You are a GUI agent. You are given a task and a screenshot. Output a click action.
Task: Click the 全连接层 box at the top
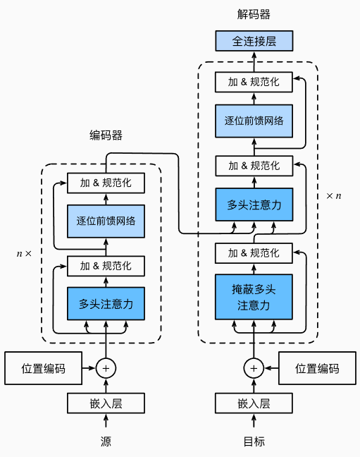pyautogui.click(x=254, y=41)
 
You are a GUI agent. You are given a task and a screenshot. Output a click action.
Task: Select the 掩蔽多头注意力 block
pyautogui.click(x=254, y=298)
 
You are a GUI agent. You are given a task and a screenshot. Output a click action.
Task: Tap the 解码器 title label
pyautogui.click(x=254, y=14)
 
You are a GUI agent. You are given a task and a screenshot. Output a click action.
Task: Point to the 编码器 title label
pyautogui.click(x=106, y=135)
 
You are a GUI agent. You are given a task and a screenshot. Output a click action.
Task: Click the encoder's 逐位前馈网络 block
pyautogui.click(x=106, y=221)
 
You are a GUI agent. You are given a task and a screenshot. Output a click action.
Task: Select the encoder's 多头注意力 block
pyautogui.click(x=106, y=304)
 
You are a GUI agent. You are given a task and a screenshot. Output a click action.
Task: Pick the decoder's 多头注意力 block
pyautogui.click(x=254, y=205)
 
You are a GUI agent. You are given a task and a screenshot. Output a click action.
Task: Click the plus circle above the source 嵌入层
pyautogui.click(x=106, y=367)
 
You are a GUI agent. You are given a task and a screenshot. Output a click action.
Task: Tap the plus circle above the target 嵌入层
pyautogui.click(x=254, y=367)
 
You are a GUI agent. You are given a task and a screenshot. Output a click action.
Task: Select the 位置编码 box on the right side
pyautogui.click(x=317, y=368)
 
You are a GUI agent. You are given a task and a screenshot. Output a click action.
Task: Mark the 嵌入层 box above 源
pyautogui.click(x=106, y=403)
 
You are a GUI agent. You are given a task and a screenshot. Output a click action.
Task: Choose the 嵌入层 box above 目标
pyautogui.click(x=254, y=403)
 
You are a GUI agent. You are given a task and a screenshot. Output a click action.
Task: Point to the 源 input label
pyautogui.click(x=106, y=441)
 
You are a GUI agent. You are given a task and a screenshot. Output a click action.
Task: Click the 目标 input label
pyautogui.click(x=254, y=441)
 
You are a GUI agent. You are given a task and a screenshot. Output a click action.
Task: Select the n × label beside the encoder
pyautogui.click(x=24, y=252)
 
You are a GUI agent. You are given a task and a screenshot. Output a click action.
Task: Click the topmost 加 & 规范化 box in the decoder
pyautogui.click(x=254, y=82)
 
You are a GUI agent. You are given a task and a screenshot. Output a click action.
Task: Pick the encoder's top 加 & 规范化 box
pyautogui.click(x=106, y=183)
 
